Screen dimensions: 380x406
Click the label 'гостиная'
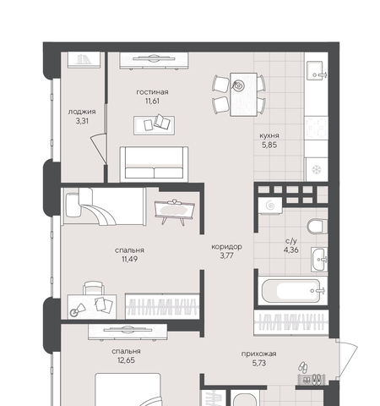(x=152, y=92)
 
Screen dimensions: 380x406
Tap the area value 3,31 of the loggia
(x=82, y=121)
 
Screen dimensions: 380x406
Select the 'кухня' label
(x=269, y=135)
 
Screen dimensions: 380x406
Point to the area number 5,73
(x=259, y=363)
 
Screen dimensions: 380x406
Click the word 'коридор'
(x=226, y=247)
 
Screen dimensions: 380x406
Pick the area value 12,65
(x=126, y=360)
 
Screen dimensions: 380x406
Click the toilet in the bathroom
(x=318, y=226)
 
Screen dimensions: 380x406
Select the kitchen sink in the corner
(x=316, y=70)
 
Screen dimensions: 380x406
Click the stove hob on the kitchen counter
(x=317, y=128)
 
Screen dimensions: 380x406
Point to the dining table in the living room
(x=243, y=95)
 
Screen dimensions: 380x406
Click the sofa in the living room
(x=154, y=164)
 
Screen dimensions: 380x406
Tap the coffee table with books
(x=154, y=125)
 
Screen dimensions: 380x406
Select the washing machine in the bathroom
(x=270, y=206)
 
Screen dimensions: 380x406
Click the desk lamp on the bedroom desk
(x=77, y=310)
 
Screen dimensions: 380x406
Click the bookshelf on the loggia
(x=84, y=59)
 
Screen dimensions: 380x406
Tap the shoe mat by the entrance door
(x=312, y=379)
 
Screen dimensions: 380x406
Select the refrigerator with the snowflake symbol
(x=317, y=169)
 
